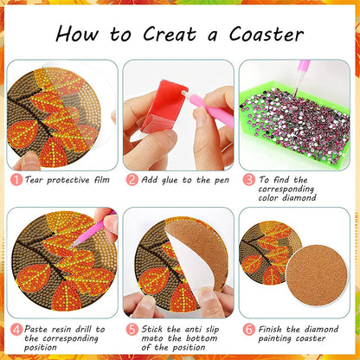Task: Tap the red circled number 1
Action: (x=16, y=179)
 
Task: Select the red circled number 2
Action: (x=131, y=179)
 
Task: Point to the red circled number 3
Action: (x=247, y=179)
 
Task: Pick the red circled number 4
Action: (x=16, y=329)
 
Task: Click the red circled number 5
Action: (x=132, y=329)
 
